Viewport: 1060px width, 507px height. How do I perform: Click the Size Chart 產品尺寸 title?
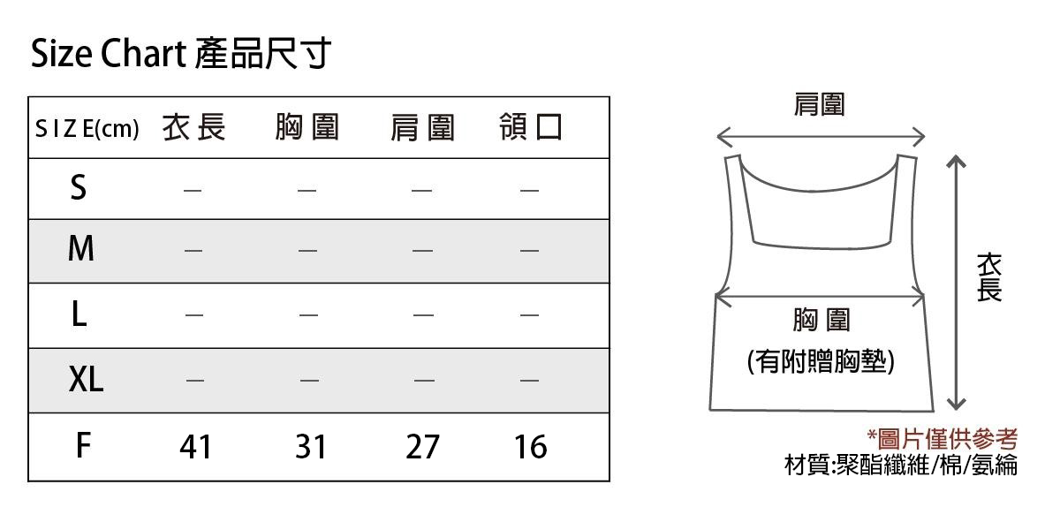180,54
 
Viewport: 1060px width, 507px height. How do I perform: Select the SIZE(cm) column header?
87,128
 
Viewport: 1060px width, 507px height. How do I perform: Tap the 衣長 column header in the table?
194,127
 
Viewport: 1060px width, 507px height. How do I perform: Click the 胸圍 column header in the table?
307,127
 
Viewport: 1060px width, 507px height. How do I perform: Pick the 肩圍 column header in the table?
422,128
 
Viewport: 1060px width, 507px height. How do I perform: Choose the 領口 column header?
531,127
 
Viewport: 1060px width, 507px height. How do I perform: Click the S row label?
79,187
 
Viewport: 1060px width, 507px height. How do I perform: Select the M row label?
81,248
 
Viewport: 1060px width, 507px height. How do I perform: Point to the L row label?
79,314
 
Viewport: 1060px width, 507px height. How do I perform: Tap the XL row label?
86,379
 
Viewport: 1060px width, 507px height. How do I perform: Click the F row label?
83,445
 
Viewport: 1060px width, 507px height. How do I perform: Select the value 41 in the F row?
195,447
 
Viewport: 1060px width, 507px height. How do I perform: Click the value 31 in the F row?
310,447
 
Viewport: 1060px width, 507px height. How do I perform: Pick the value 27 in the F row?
422,447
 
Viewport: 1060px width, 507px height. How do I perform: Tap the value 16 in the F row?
531,447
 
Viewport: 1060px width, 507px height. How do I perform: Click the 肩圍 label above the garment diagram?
819,104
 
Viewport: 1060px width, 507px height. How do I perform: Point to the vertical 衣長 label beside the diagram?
989,277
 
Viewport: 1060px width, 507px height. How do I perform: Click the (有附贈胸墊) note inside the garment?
821,362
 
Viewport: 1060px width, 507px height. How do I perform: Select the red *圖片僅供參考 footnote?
942,439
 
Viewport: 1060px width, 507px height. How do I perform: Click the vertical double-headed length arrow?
957,283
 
